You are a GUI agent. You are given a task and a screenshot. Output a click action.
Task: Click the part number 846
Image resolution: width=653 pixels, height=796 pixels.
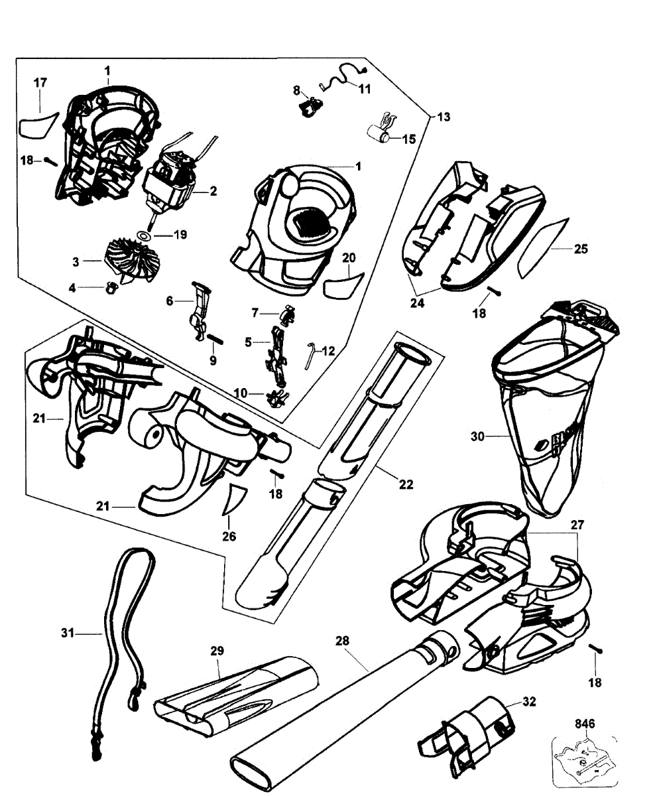584,723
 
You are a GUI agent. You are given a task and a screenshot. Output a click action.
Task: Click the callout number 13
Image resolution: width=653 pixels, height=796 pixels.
443,117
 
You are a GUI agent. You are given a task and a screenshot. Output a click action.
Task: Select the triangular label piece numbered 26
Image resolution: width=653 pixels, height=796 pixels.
233,499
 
